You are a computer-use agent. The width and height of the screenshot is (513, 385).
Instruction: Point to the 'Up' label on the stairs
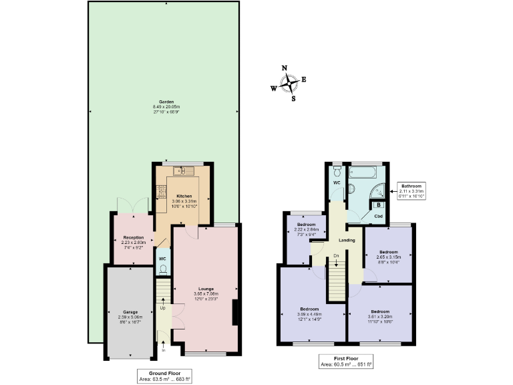point(162,308)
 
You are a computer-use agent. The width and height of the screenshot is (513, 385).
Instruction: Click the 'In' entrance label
point(163,350)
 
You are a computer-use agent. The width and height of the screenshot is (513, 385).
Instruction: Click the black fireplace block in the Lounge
point(234,312)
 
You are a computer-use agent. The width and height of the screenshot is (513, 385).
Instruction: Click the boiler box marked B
point(379,206)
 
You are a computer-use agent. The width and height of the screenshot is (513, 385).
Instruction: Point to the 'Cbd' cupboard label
point(378,217)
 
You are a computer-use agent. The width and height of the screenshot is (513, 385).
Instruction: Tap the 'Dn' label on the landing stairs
point(336,256)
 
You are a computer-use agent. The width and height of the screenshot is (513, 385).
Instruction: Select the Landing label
point(347,240)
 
